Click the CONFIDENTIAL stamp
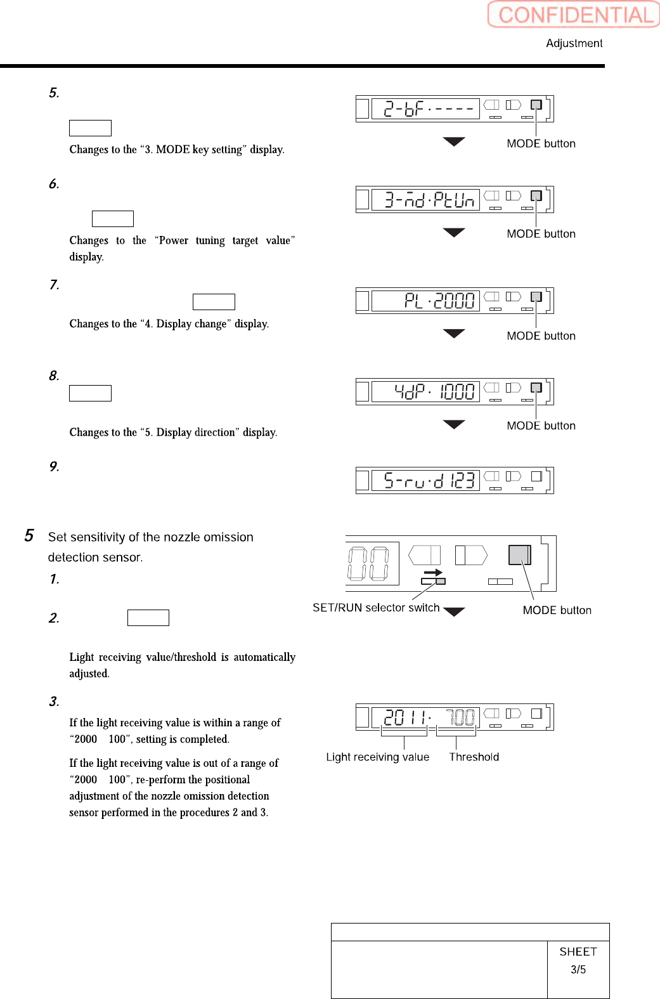click(x=574, y=15)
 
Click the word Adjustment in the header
click(x=574, y=43)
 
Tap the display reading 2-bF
click(x=425, y=109)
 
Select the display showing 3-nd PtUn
click(x=425, y=200)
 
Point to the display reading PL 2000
click(x=425, y=301)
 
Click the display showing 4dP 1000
click(x=425, y=391)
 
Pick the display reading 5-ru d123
click(x=425, y=481)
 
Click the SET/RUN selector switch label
click(x=376, y=608)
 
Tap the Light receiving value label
click(x=377, y=757)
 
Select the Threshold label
click(x=474, y=757)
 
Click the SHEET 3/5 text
click(x=578, y=960)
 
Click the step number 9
click(x=54, y=467)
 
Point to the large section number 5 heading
click(x=29, y=536)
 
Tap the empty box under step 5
click(x=90, y=128)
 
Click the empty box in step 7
click(x=214, y=302)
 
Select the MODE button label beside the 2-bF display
click(x=541, y=144)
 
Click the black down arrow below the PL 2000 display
click(x=454, y=334)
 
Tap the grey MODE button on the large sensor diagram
click(x=519, y=555)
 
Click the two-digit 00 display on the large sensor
click(x=368, y=563)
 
